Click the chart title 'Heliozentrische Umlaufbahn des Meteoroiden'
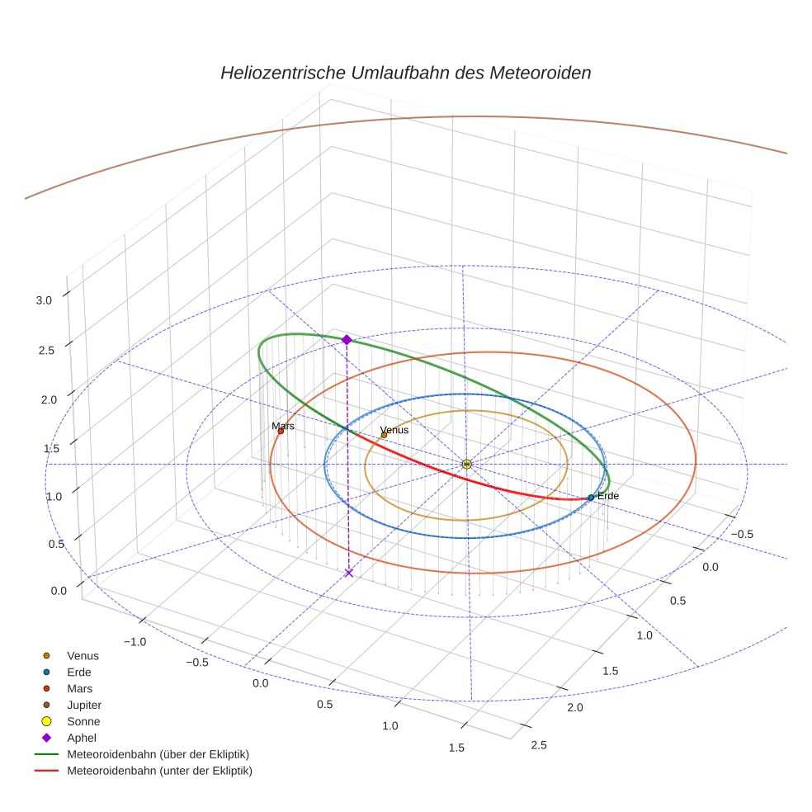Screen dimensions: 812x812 point(405,73)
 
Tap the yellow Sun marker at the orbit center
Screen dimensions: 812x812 point(467,464)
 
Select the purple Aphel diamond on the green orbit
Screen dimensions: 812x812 point(347,339)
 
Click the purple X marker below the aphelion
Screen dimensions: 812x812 point(349,573)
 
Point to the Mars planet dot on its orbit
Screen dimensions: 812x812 point(281,431)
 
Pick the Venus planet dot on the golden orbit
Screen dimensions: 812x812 point(384,435)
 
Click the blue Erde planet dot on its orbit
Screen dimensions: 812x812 point(591,498)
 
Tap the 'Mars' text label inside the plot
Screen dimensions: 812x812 point(283,426)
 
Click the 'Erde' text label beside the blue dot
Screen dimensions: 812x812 point(608,496)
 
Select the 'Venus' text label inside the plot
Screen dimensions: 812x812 point(394,430)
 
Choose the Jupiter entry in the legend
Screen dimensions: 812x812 point(84,705)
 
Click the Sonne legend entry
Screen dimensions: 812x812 point(83,721)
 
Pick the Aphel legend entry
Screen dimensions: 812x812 point(82,738)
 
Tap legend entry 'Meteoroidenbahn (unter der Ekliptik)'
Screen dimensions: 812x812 point(159,771)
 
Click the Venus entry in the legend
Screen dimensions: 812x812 point(83,655)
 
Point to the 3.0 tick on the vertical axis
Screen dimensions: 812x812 point(44,301)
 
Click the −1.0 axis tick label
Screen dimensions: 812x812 point(135,642)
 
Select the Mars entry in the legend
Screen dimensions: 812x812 point(79,688)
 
